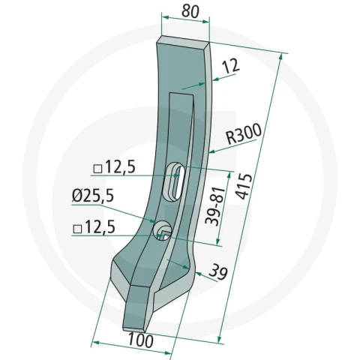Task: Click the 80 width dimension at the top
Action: pyautogui.click(x=190, y=11)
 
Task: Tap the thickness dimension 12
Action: pyautogui.click(x=231, y=67)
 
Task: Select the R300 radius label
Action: pyautogui.click(x=244, y=133)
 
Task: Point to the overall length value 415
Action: pyautogui.click(x=244, y=186)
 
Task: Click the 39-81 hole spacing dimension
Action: pyautogui.click(x=215, y=205)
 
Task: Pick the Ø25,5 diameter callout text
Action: pyautogui.click(x=93, y=195)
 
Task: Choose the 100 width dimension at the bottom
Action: pyautogui.click(x=140, y=340)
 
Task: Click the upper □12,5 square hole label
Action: pyautogui.click(x=115, y=166)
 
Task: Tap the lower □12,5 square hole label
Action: pyautogui.click(x=94, y=227)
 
